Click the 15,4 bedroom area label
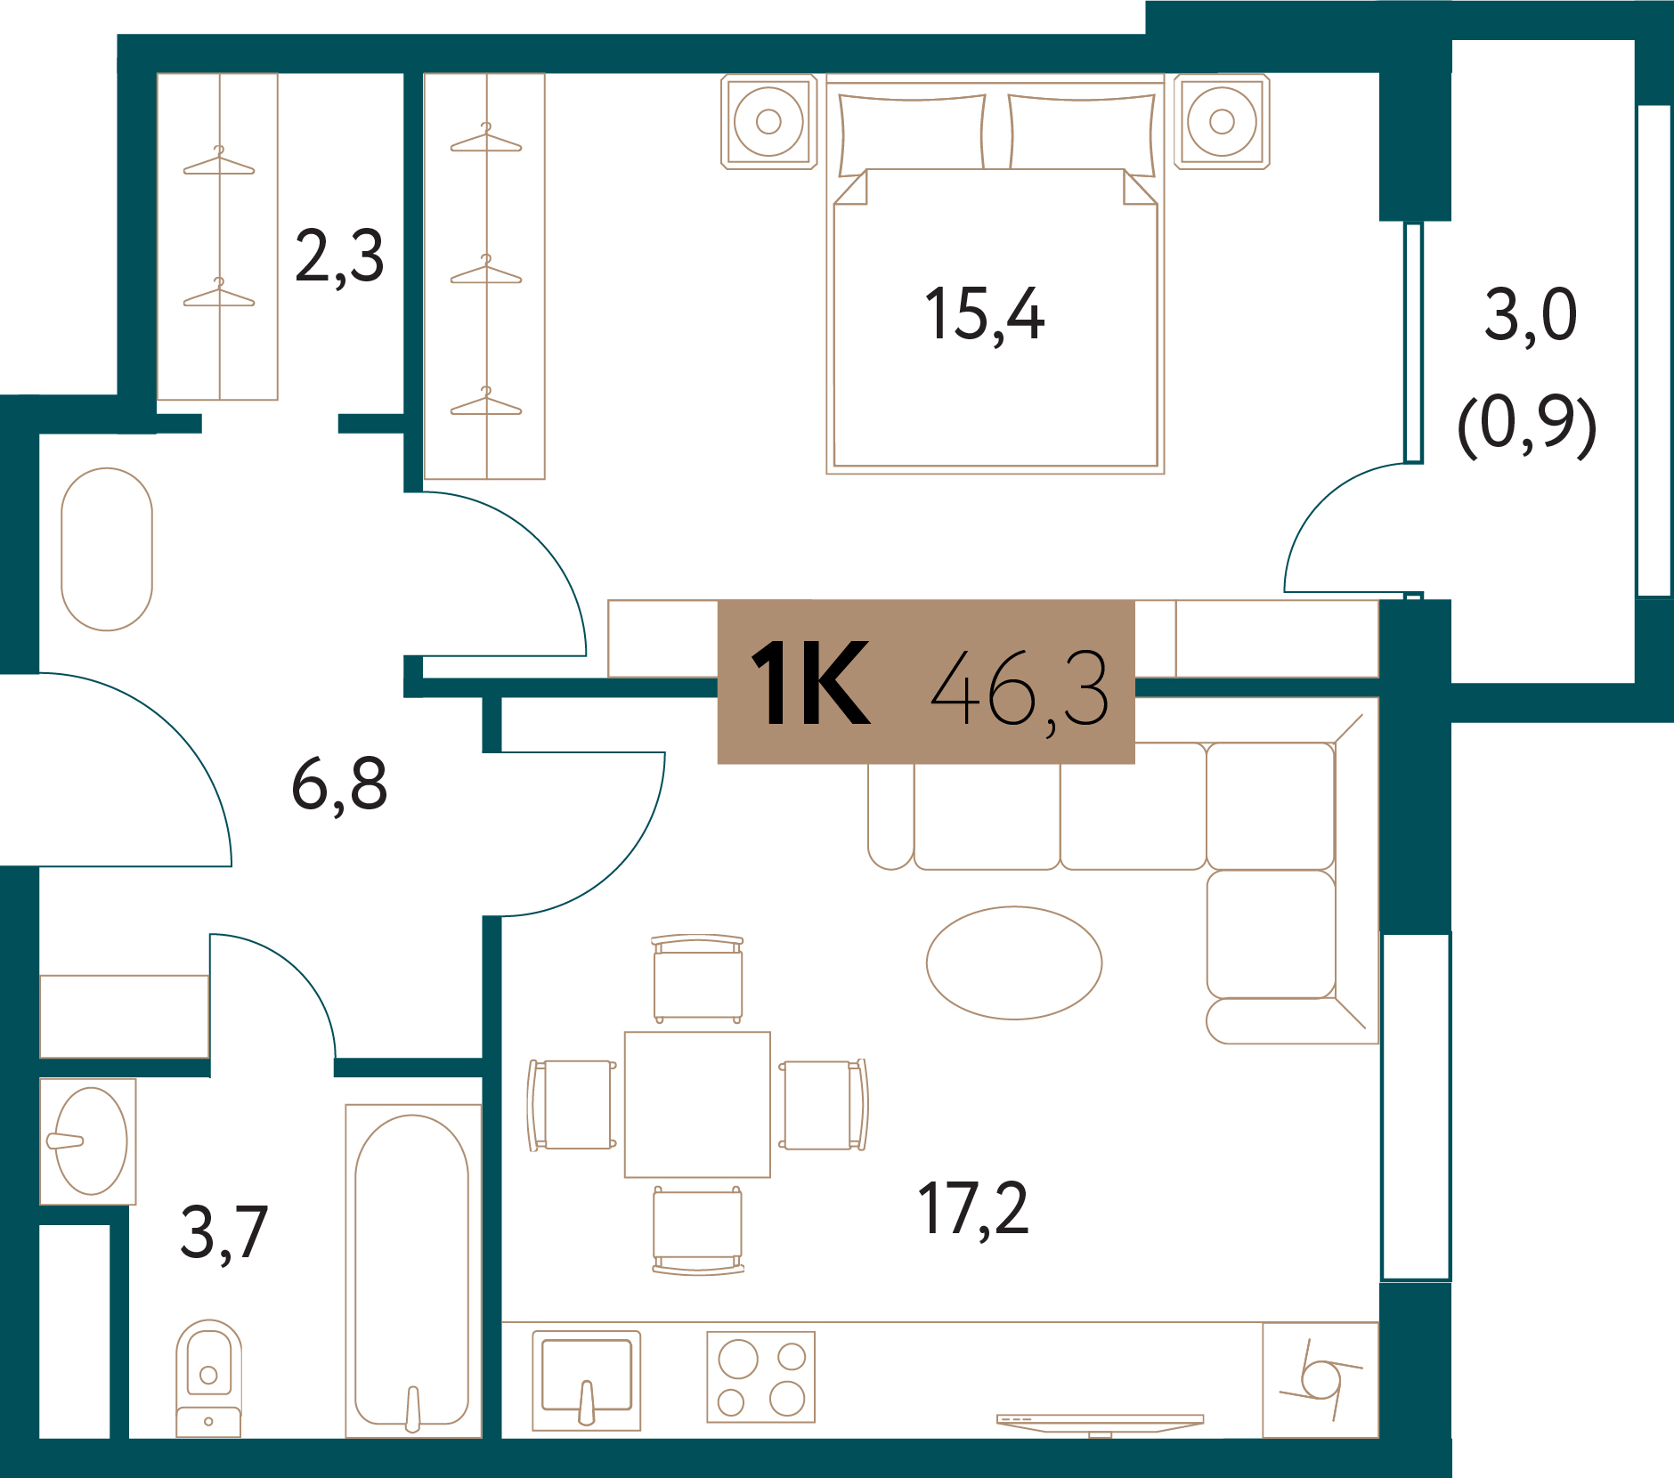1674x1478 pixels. (x=984, y=315)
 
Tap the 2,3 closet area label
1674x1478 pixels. (x=339, y=256)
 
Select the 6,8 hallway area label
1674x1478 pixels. (x=339, y=784)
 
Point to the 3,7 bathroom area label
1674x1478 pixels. (x=223, y=1232)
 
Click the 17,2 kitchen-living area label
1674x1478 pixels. (x=973, y=1208)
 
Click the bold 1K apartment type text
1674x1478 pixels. (x=810, y=684)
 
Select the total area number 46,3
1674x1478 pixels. (x=1020, y=687)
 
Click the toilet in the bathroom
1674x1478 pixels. (x=208, y=1377)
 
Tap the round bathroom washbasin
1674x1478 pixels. (x=89, y=1141)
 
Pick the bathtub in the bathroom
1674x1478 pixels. (x=412, y=1271)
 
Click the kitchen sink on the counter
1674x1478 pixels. (x=586, y=1380)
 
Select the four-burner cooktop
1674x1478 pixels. (x=761, y=1376)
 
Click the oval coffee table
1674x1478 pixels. (x=1014, y=962)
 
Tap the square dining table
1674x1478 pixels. (x=697, y=1104)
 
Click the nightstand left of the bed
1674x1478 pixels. (x=768, y=121)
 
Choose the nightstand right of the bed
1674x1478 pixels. (x=1222, y=121)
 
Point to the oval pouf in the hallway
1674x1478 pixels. (x=107, y=549)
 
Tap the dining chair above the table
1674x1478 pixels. (x=697, y=979)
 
